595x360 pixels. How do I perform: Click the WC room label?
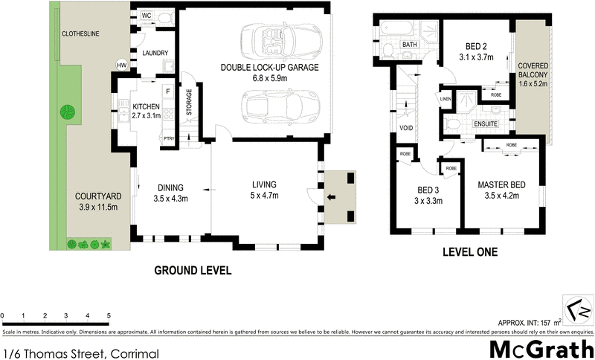(x=146, y=16)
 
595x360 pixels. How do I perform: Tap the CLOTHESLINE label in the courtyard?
(x=82, y=34)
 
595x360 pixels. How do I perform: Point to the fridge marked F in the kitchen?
(x=168, y=91)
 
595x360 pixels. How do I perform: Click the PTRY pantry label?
(x=170, y=138)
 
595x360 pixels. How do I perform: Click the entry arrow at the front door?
(x=331, y=197)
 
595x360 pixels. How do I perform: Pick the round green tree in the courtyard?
(x=68, y=112)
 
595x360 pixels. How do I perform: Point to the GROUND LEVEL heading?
(x=192, y=271)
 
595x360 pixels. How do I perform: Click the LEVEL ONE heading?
(x=469, y=252)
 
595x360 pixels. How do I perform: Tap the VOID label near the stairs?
(x=406, y=127)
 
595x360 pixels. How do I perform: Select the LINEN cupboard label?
(x=446, y=99)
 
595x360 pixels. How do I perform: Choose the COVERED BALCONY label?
(x=533, y=71)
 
